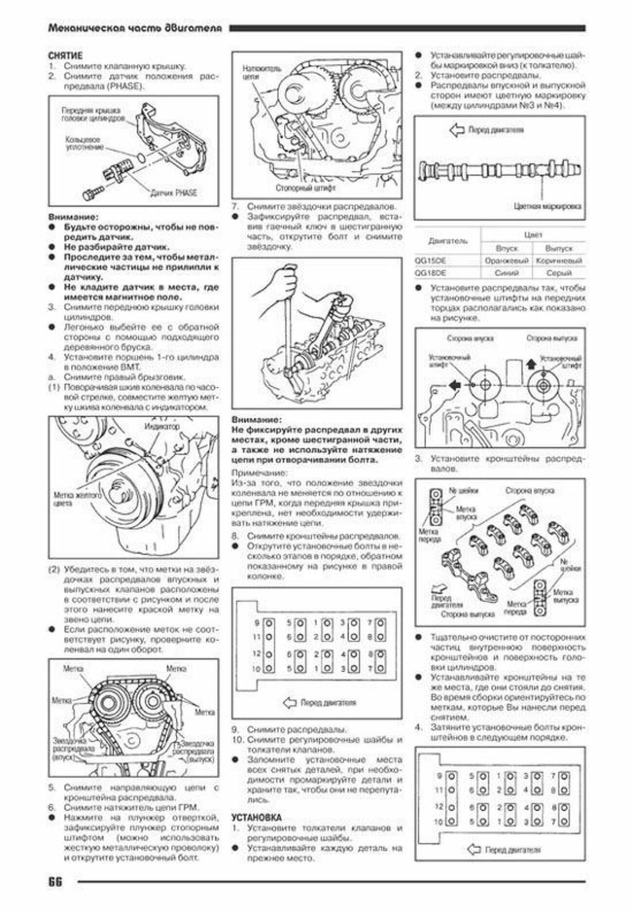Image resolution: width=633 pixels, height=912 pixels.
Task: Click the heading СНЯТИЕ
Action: point(65,55)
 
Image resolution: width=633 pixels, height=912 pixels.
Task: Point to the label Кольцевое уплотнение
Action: point(84,145)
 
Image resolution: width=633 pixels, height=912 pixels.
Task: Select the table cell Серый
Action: point(559,273)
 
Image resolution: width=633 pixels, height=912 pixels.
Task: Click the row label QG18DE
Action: point(430,273)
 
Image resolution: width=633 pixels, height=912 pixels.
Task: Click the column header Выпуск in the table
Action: point(559,248)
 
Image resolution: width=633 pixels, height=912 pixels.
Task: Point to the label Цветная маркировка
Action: point(546,206)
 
